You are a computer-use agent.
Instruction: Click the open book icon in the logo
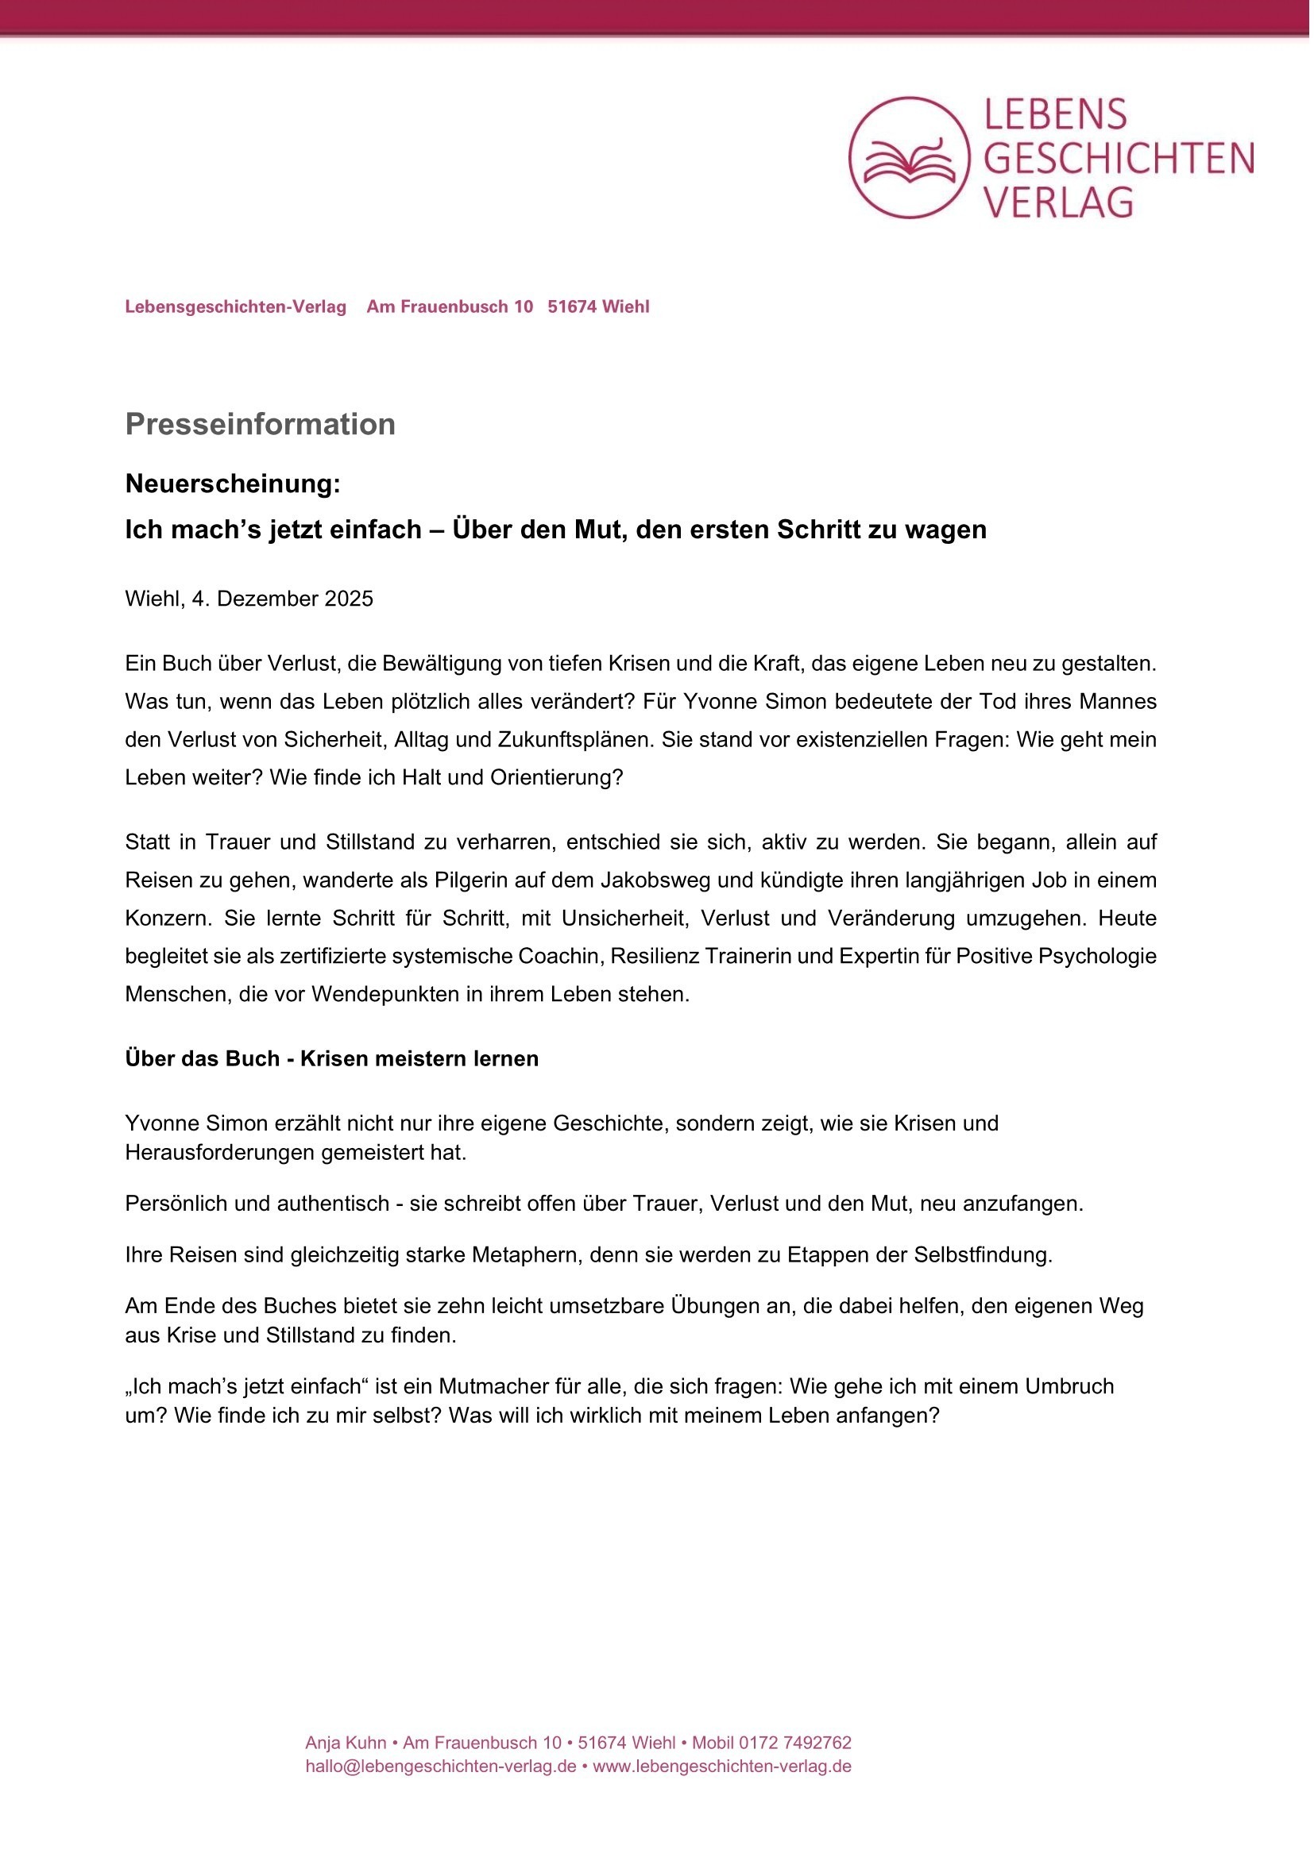tap(909, 160)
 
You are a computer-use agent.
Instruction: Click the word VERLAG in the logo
tap(1058, 202)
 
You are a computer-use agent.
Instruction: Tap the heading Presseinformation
tap(260, 425)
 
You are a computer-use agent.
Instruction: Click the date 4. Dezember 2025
tap(282, 599)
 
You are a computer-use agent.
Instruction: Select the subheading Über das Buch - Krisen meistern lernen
tap(331, 1059)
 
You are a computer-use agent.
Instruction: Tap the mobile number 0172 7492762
tap(794, 1743)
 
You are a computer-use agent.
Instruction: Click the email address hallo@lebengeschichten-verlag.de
tap(440, 1766)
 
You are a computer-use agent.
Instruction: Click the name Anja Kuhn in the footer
tap(346, 1743)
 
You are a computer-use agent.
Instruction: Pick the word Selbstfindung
tap(983, 1255)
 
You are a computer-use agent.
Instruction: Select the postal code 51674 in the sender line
tap(572, 307)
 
